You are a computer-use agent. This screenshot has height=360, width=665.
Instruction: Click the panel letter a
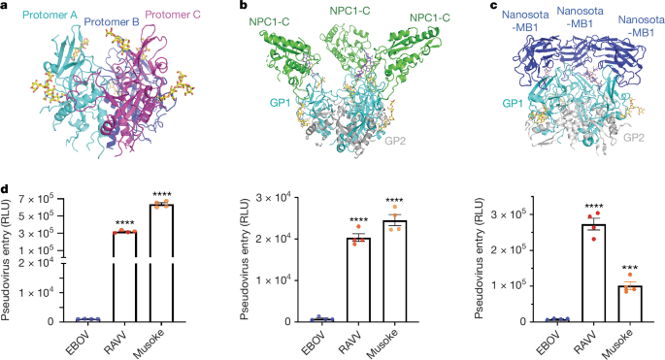pyautogui.click(x=6, y=7)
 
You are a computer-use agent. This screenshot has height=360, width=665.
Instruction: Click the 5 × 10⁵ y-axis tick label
pyautogui.click(x=40, y=215)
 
